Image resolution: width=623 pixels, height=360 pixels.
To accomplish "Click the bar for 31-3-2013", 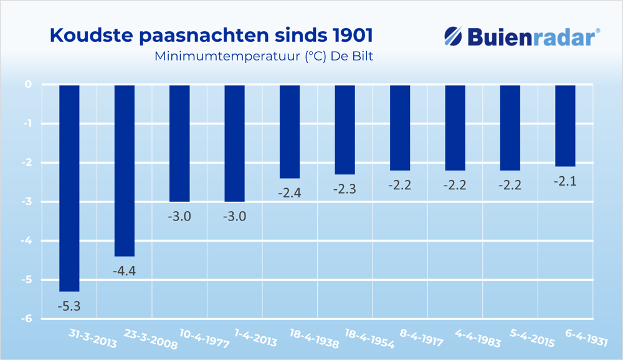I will tap(69, 187).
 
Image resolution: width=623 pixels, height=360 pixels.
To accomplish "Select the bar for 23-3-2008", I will tap(125, 170).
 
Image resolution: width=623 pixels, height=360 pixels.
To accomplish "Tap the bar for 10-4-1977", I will tap(179, 143).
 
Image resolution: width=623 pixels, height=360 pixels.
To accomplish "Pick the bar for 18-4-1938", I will tap(290, 131).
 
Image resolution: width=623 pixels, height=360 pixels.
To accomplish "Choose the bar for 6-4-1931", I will tap(565, 125).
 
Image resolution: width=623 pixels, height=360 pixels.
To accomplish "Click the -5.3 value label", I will tap(69, 306).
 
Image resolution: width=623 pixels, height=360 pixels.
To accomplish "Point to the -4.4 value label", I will tap(124, 271).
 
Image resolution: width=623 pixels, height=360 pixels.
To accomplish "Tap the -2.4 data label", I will tap(290, 193).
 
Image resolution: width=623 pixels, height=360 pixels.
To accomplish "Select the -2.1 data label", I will tap(565, 181).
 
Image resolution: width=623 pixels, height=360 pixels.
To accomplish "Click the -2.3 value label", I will tap(345, 189).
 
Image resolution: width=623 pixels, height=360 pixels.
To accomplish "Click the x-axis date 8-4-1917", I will tap(421, 338).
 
